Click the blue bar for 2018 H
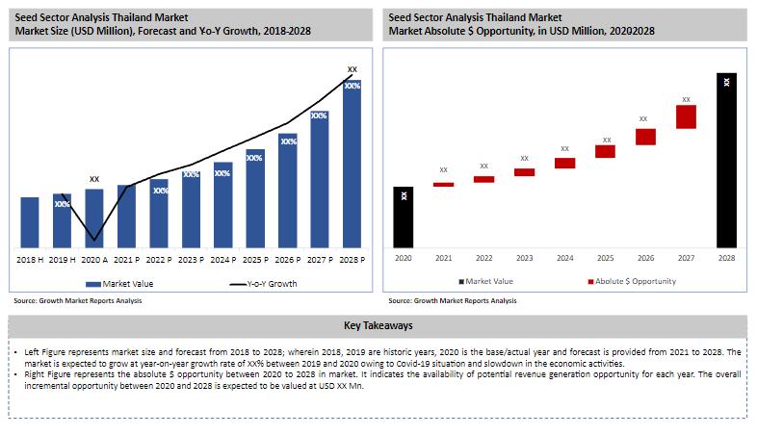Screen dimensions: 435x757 point(30,222)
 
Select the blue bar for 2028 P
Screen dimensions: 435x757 point(352,164)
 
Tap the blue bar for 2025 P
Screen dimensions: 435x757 point(255,197)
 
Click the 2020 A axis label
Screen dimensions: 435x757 point(93,260)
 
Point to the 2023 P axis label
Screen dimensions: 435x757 point(191,260)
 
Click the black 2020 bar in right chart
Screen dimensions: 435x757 point(404,216)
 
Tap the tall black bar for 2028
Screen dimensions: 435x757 point(726,159)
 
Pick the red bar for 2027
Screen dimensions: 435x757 point(686,116)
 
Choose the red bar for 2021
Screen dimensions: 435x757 point(443,184)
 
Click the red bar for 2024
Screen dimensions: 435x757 point(564,164)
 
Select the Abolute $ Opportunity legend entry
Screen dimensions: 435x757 point(631,281)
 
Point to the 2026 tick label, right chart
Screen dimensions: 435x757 point(645,258)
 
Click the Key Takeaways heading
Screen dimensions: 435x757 point(378,325)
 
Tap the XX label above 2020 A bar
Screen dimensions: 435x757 point(94,179)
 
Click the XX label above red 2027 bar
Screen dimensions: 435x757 point(686,99)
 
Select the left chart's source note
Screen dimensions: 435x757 point(78,301)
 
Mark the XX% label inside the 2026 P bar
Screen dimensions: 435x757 point(288,141)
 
